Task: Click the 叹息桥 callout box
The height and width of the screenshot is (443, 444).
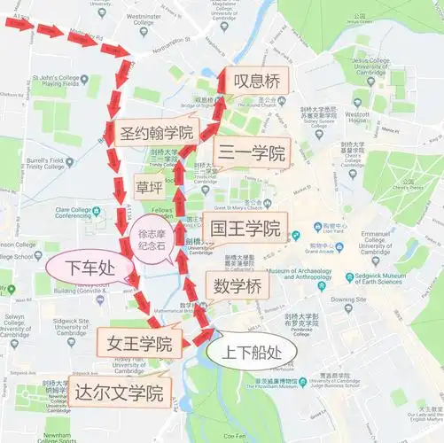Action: pyautogui.click(x=256, y=81)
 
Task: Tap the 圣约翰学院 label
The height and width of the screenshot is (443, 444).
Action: pyautogui.click(x=156, y=135)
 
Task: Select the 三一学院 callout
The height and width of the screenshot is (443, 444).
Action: pyautogui.click(x=252, y=153)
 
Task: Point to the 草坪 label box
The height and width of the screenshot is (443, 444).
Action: pyautogui.click(x=148, y=187)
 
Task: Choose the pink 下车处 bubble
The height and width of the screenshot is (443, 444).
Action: pyautogui.click(x=88, y=268)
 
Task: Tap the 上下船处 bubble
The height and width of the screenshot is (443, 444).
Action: pyautogui.click(x=250, y=352)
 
